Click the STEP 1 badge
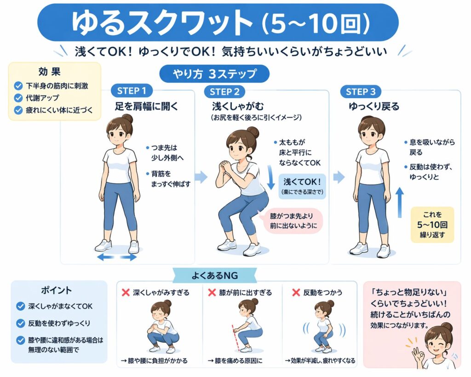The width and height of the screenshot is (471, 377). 132,91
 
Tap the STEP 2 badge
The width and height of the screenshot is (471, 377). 224,92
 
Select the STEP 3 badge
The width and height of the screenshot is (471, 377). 361,92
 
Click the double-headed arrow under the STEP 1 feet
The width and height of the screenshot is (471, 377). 117,257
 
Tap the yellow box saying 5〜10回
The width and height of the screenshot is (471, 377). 432,225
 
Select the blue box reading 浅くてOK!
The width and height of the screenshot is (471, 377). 302,186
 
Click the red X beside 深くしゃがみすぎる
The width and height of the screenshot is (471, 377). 125,292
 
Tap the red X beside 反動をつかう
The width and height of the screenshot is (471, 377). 296,292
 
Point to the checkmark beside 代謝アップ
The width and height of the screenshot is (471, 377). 18,98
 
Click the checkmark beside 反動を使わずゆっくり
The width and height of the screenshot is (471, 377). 20,323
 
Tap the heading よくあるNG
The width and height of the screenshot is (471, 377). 215,275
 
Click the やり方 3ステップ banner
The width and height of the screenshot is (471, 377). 214,74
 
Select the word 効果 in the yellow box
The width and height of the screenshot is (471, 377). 50,71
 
